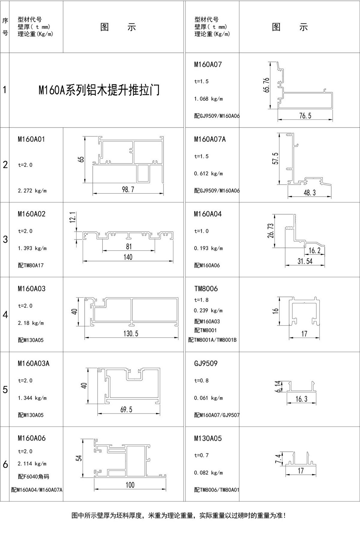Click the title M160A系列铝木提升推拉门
99,90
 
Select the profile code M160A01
31,139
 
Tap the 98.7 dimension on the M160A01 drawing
128,190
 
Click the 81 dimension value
129,246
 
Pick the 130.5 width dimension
131,333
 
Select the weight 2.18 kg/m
31,323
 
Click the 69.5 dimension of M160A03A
126,409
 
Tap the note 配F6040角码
33,477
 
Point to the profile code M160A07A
210,139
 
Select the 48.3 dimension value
310,193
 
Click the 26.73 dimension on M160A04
271,230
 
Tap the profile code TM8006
206,289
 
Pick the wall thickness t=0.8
201,381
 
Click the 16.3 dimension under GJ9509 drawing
301,399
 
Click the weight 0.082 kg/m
208,473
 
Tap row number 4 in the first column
5,315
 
